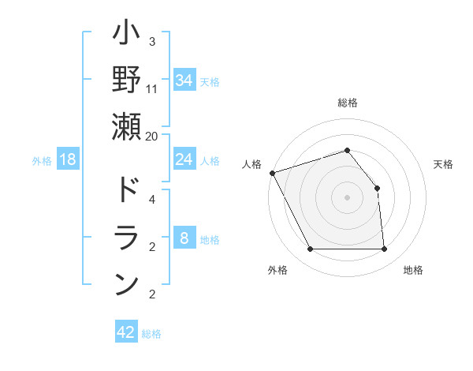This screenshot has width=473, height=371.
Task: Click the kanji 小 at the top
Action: [126, 36]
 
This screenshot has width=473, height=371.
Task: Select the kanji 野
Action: [126, 80]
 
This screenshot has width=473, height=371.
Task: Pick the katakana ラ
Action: [126, 237]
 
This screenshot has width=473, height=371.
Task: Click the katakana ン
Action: [126, 283]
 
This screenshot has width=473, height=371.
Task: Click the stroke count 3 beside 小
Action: [151, 41]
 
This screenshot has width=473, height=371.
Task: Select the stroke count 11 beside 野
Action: [152, 89]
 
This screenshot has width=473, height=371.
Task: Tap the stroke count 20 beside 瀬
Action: [152, 136]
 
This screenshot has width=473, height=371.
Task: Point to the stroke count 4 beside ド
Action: [151, 199]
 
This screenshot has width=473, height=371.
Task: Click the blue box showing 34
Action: [184, 81]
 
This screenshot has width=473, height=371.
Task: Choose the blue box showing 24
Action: [184, 159]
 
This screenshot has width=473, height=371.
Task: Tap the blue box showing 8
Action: [184, 239]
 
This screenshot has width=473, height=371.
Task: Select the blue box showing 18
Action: [68, 160]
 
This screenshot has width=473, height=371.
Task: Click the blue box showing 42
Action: [126, 332]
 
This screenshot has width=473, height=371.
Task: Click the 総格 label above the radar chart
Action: [347, 103]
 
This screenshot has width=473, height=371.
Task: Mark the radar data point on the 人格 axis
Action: [272, 172]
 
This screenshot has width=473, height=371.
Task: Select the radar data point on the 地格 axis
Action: [385, 249]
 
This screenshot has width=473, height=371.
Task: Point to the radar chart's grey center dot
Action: [347, 197]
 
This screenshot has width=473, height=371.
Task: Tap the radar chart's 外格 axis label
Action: [277, 270]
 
